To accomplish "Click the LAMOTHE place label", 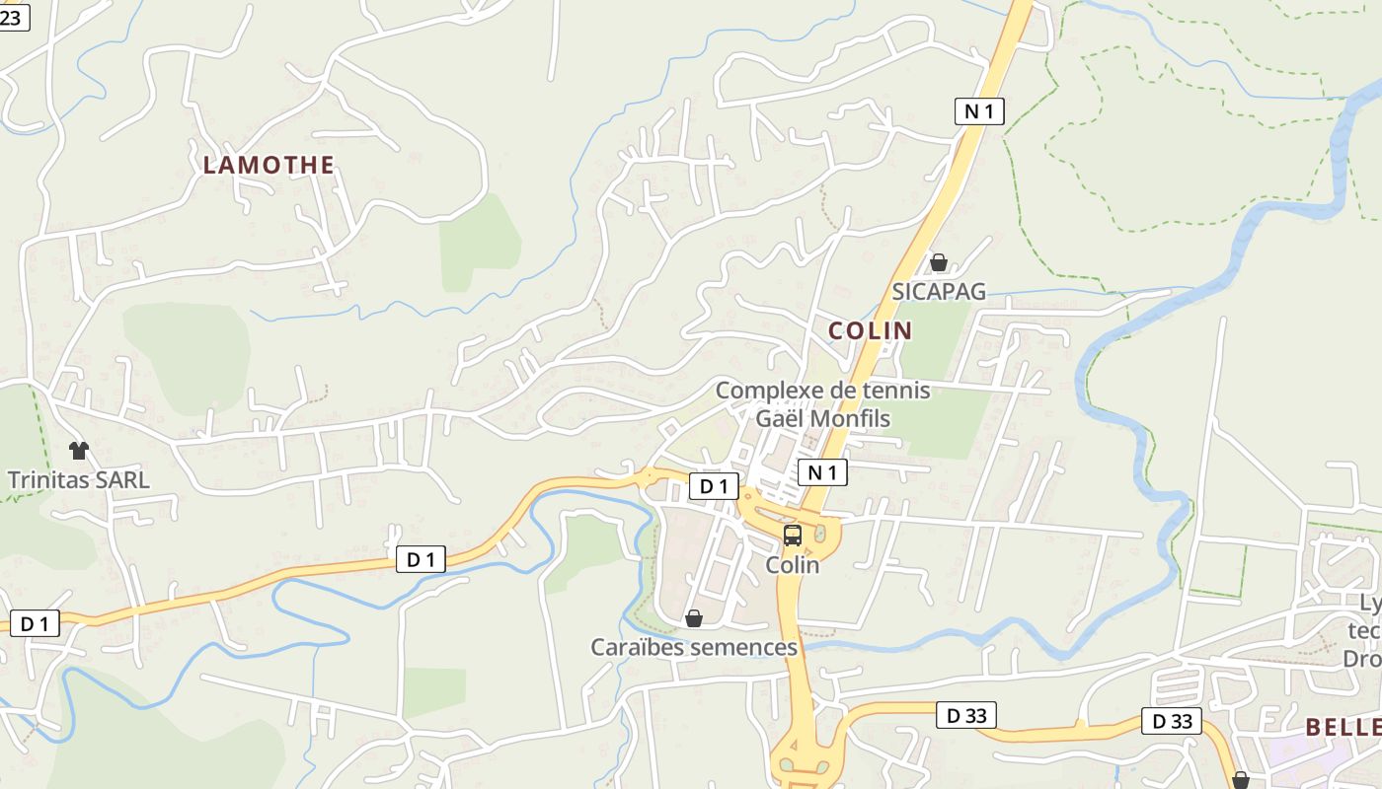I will click(x=269, y=165).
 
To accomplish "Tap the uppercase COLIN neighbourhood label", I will click(x=870, y=330).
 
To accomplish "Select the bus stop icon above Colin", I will click(x=793, y=536).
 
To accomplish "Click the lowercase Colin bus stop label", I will click(x=793, y=565).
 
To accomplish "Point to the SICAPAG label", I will click(x=939, y=291).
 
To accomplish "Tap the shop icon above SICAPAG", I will click(x=939, y=262).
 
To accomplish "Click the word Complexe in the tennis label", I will click(x=769, y=391).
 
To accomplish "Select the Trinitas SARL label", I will click(x=79, y=480).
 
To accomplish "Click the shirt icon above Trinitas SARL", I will click(x=79, y=451).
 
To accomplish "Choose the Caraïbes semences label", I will click(x=694, y=647).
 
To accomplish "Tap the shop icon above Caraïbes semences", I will click(x=694, y=618).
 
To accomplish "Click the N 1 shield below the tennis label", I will click(x=822, y=472).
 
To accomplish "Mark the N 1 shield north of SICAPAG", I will click(x=979, y=111).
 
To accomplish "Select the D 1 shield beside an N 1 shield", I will click(x=713, y=485).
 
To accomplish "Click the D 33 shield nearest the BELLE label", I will click(x=1173, y=721).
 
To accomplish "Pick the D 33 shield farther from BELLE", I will click(x=966, y=715).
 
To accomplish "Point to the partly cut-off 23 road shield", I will click(x=14, y=17).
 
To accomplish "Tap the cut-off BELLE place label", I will click(x=1343, y=728).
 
